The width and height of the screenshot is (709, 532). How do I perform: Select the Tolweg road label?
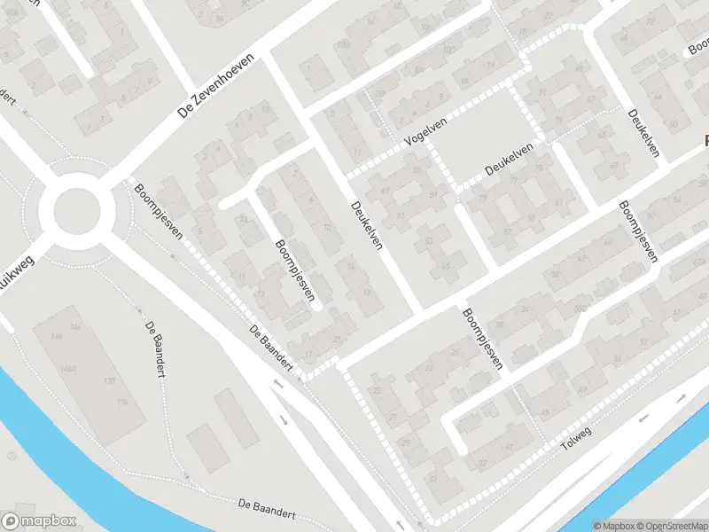pyautogui.click(x=577, y=441)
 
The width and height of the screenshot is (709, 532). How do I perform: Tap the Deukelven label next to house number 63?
pyautogui.click(x=644, y=133)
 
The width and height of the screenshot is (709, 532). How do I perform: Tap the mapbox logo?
pyautogui.click(x=39, y=520)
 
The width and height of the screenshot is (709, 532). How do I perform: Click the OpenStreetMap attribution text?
pyautogui.click(x=672, y=526)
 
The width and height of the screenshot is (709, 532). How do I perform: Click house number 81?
pyautogui.click(x=432, y=195)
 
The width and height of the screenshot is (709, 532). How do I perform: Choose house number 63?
pyautogui.click(x=613, y=165)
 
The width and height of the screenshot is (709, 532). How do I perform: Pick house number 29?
pyautogui.click(x=406, y=442)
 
